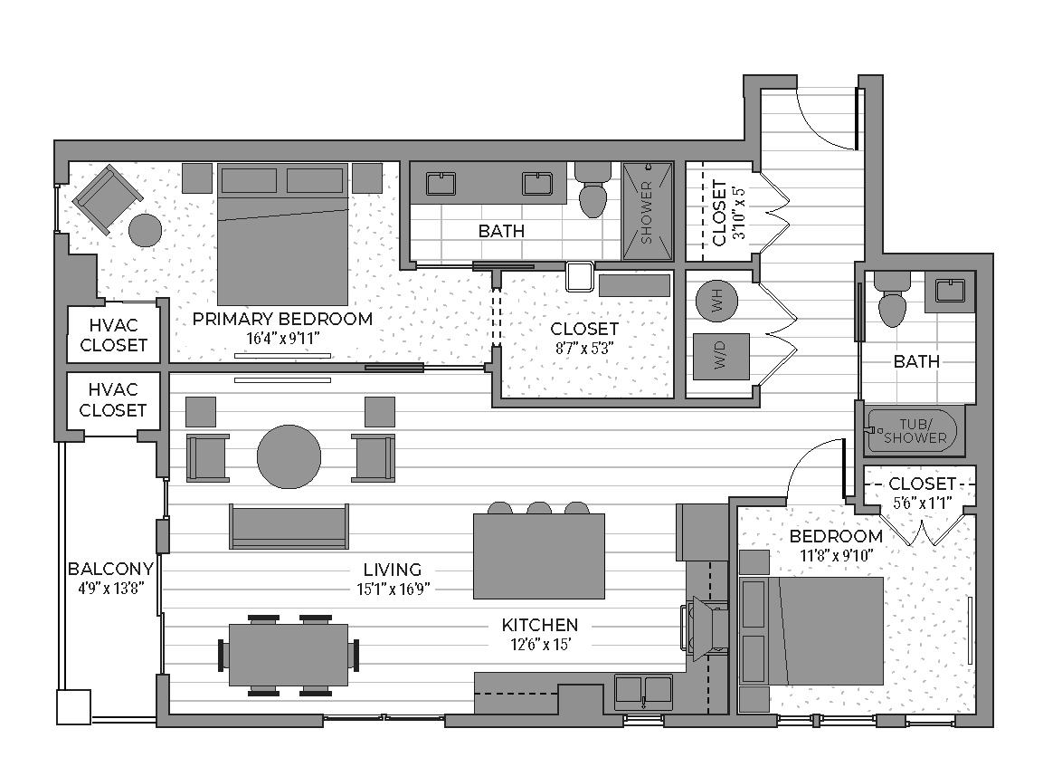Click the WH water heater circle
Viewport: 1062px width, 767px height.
(x=717, y=302)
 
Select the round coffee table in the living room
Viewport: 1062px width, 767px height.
(x=289, y=456)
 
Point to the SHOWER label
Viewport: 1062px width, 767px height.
(x=646, y=212)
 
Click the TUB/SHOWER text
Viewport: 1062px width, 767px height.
(x=915, y=431)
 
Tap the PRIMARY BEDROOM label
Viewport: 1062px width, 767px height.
(x=282, y=319)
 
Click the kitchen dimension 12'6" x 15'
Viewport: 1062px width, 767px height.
(x=540, y=644)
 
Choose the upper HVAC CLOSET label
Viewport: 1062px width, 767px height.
(x=113, y=335)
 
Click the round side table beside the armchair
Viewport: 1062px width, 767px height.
(x=146, y=230)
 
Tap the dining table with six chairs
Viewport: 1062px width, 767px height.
(x=289, y=655)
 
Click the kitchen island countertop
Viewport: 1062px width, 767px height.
(x=538, y=556)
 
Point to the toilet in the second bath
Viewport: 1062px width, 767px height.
(x=891, y=301)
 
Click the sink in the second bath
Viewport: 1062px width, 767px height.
(x=950, y=292)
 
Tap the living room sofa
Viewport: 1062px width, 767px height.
(x=289, y=526)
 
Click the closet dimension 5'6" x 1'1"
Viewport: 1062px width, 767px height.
(x=922, y=503)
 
